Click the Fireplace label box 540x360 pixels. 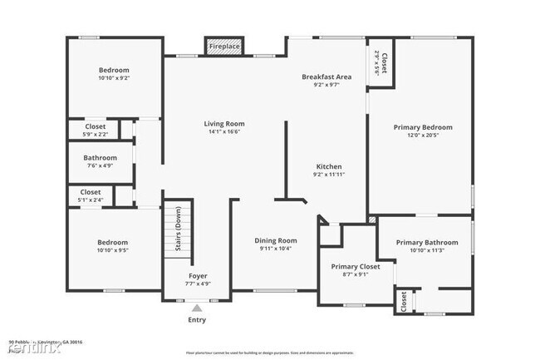pos(224,47)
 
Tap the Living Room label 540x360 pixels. pos(224,124)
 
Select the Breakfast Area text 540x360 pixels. pos(326,76)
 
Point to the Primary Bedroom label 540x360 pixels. pos(423,127)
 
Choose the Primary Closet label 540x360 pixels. pos(356,266)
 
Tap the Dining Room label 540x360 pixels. pos(275,241)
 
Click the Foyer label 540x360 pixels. pos(198,275)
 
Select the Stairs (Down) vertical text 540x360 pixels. pos(178,233)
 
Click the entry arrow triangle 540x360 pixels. pos(197,308)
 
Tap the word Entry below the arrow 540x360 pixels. pos(197,319)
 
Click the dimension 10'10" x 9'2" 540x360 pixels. pos(113,78)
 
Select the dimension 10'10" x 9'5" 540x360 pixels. pos(113,249)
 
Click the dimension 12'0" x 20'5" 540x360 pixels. pos(423,135)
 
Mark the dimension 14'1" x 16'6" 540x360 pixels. pos(224,131)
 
